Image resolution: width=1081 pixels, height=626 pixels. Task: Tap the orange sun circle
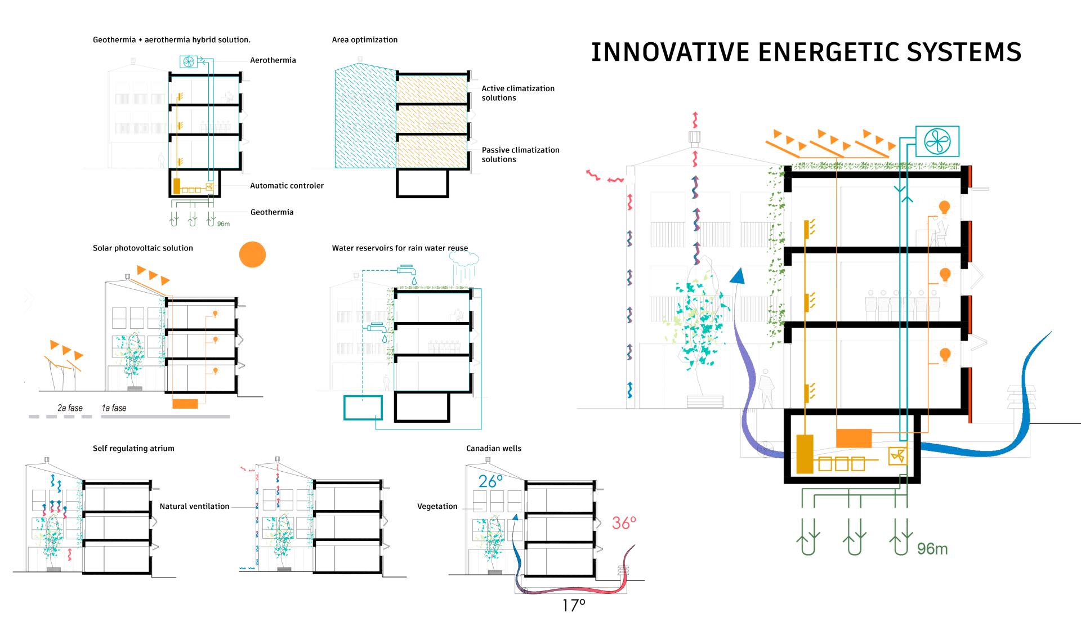[252, 254]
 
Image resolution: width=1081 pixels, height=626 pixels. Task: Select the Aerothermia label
[273, 60]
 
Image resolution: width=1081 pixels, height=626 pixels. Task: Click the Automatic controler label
[287, 186]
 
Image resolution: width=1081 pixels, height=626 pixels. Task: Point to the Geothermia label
[272, 212]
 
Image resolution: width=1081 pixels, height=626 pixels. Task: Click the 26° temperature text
[491, 481]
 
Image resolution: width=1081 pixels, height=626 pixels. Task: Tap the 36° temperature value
[624, 523]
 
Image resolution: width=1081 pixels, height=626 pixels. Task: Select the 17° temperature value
[574, 606]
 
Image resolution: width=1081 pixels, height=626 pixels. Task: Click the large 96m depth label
[932, 548]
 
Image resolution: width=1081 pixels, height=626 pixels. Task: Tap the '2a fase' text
[70, 408]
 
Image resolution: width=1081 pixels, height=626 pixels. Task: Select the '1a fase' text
[114, 408]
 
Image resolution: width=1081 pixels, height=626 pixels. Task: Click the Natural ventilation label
[194, 507]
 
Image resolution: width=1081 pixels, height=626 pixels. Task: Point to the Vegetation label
[437, 507]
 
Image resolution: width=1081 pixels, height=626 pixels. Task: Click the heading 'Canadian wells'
[494, 449]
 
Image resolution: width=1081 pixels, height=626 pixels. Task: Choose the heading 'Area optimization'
[364, 40]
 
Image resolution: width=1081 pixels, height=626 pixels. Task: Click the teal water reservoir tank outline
[363, 408]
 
